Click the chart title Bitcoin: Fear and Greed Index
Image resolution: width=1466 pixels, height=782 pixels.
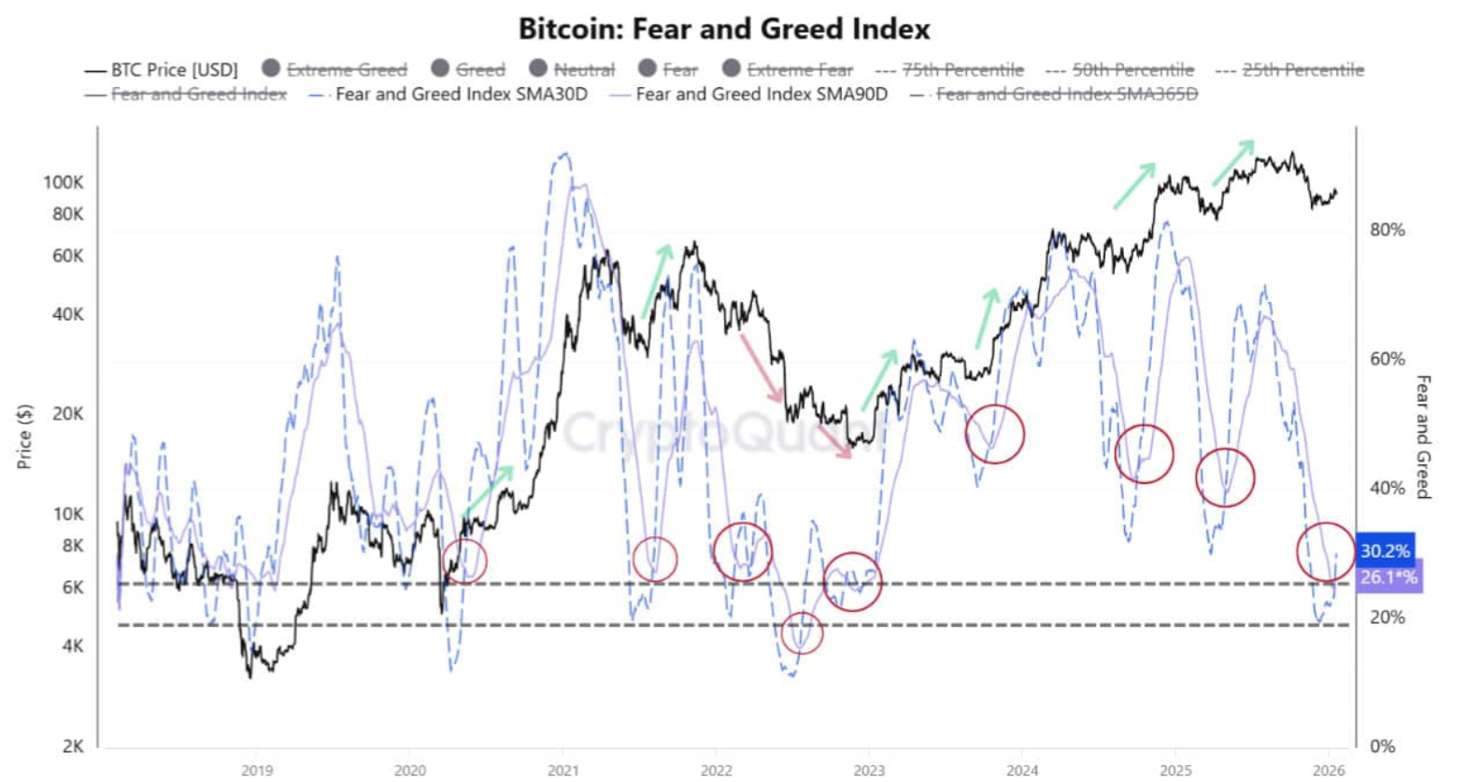(x=724, y=28)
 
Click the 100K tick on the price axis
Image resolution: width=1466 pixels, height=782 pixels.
(x=64, y=182)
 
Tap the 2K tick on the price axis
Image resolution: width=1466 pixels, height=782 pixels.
(x=73, y=746)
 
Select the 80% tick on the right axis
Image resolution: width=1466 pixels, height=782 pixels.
(x=1388, y=230)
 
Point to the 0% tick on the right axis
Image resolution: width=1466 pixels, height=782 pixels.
(x=1383, y=746)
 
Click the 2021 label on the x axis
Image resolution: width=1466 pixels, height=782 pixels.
(x=563, y=770)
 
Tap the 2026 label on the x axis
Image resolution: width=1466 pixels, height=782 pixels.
(x=1329, y=770)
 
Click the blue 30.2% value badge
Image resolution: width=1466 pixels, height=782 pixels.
(x=1385, y=551)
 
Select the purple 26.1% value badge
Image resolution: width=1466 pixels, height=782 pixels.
(x=1388, y=577)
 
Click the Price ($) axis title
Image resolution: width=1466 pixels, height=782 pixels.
(x=25, y=436)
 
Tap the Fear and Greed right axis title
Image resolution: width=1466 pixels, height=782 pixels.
(x=1423, y=436)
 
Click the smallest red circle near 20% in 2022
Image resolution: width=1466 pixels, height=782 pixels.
(x=802, y=633)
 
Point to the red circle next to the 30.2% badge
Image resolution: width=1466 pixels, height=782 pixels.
(x=1325, y=552)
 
